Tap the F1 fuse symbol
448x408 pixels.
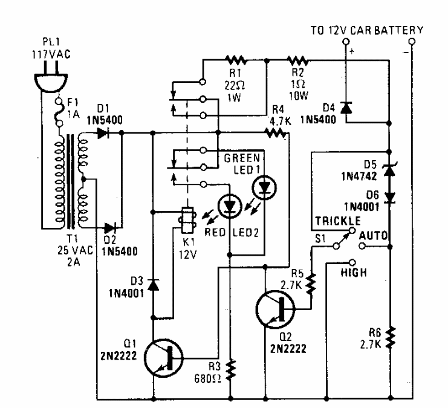pos(59,111)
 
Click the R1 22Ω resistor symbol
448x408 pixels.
pos(235,60)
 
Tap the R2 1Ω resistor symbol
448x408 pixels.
pos(297,60)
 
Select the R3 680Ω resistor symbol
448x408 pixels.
pos(231,368)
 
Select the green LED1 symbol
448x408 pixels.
pos(263,187)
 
